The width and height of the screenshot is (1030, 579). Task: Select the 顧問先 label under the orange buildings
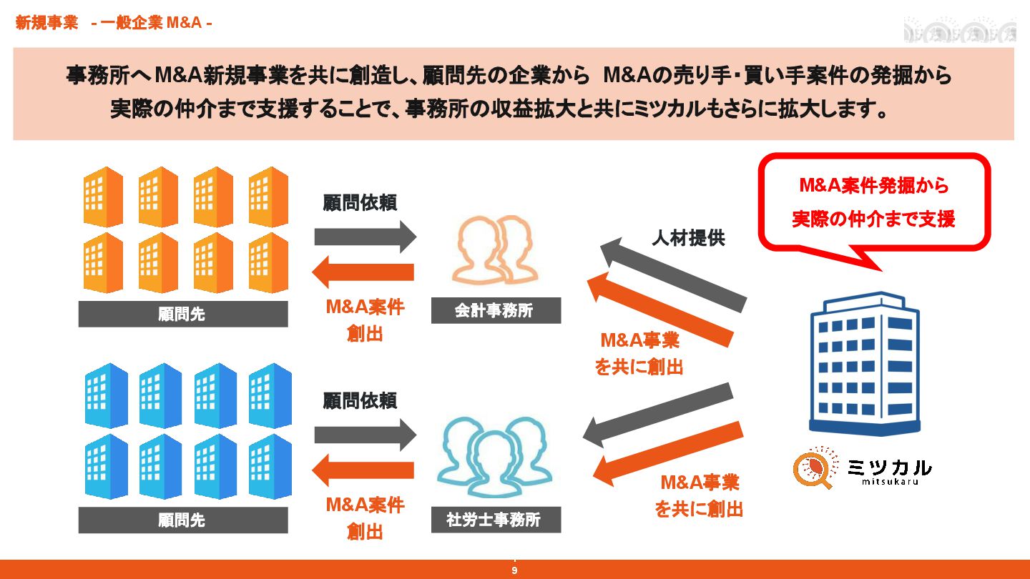pyautogui.click(x=182, y=314)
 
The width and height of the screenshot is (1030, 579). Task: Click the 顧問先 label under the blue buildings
pyautogui.click(x=182, y=520)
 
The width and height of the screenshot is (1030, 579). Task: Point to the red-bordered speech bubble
pyautogui.click(x=873, y=202)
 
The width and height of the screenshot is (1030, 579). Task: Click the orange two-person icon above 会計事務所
pyautogui.click(x=492, y=250)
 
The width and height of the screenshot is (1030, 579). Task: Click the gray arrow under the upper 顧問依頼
pyautogui.click(x=365, y=236)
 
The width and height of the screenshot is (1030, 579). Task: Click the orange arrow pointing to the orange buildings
pyautogui.click(x=363, y=272)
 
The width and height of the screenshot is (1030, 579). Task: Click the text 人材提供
pyautogui.click(x=688, y=238)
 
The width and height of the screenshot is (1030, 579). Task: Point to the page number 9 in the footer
pyautogui.click(x=514, y=570)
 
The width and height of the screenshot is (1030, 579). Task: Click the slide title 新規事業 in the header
pyautogui.click(x=46, y=24)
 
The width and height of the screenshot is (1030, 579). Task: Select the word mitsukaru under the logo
pyautogui.click(x=890, y=482)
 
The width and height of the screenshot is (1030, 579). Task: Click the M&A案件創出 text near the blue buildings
pyautogui.click(x=365, y=518)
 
